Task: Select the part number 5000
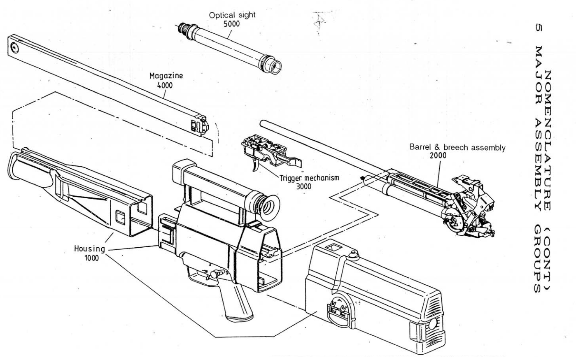[231, 23]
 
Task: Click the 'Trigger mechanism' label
[303, 178]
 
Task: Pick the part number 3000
[303, 186]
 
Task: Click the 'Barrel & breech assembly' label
[457, 147]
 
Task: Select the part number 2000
[438, 156]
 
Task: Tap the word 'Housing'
[89, 249]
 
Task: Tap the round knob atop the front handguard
[353, 256]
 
